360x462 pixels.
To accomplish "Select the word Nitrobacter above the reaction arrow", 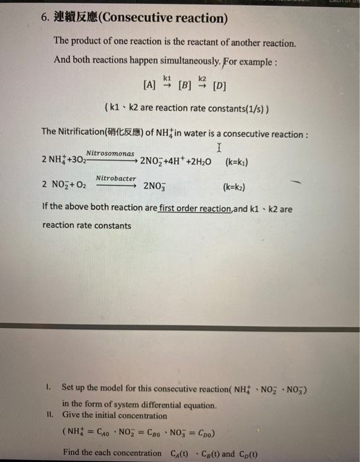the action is click(116, 178).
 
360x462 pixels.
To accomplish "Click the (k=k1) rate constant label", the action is click(241, 161).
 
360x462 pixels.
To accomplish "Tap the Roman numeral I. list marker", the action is click(50, 386).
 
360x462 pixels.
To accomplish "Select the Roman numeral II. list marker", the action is click(51, 415).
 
